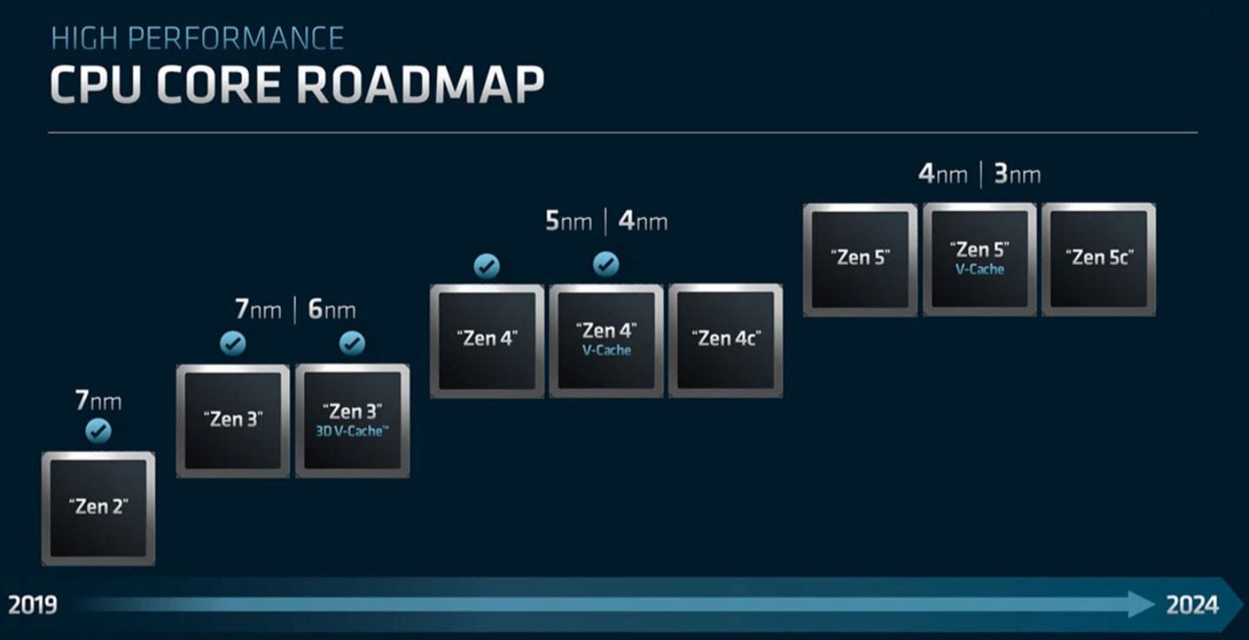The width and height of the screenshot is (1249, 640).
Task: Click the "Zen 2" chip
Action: click(98, 508)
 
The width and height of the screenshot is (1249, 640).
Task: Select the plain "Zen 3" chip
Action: click(233, 421)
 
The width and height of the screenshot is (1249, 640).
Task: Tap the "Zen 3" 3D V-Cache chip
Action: click(352, 421)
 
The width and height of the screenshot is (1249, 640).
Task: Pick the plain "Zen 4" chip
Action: click(487, 341)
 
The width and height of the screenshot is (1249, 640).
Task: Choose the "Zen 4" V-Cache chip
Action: click(606, 341)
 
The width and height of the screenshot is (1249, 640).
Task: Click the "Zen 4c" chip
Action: click(725, 341)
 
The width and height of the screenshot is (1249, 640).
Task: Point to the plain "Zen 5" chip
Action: click(860, 260)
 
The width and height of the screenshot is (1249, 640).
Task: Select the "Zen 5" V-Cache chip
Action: click(980, 260)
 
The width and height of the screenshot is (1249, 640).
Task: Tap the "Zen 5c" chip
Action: click(1098, 260)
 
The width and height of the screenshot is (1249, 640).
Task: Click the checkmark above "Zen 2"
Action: click(98, 431)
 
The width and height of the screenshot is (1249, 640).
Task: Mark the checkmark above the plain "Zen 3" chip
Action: click(233, 343)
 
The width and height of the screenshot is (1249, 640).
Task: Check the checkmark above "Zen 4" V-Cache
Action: click(606, 264)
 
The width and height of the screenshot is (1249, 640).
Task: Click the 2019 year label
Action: click(32, 605)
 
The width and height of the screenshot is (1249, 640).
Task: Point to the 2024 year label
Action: click(1192, 605)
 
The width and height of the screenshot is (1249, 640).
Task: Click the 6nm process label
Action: click(331, 310)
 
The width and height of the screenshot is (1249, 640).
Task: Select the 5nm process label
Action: click(568, 221)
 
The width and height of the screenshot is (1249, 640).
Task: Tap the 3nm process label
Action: click(1017, 174)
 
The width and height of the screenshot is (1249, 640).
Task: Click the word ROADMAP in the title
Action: click(420, 85)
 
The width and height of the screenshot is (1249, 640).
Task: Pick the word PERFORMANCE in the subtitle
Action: click(236, 38)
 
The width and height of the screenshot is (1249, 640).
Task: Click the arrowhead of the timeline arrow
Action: click(1141, 604)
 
